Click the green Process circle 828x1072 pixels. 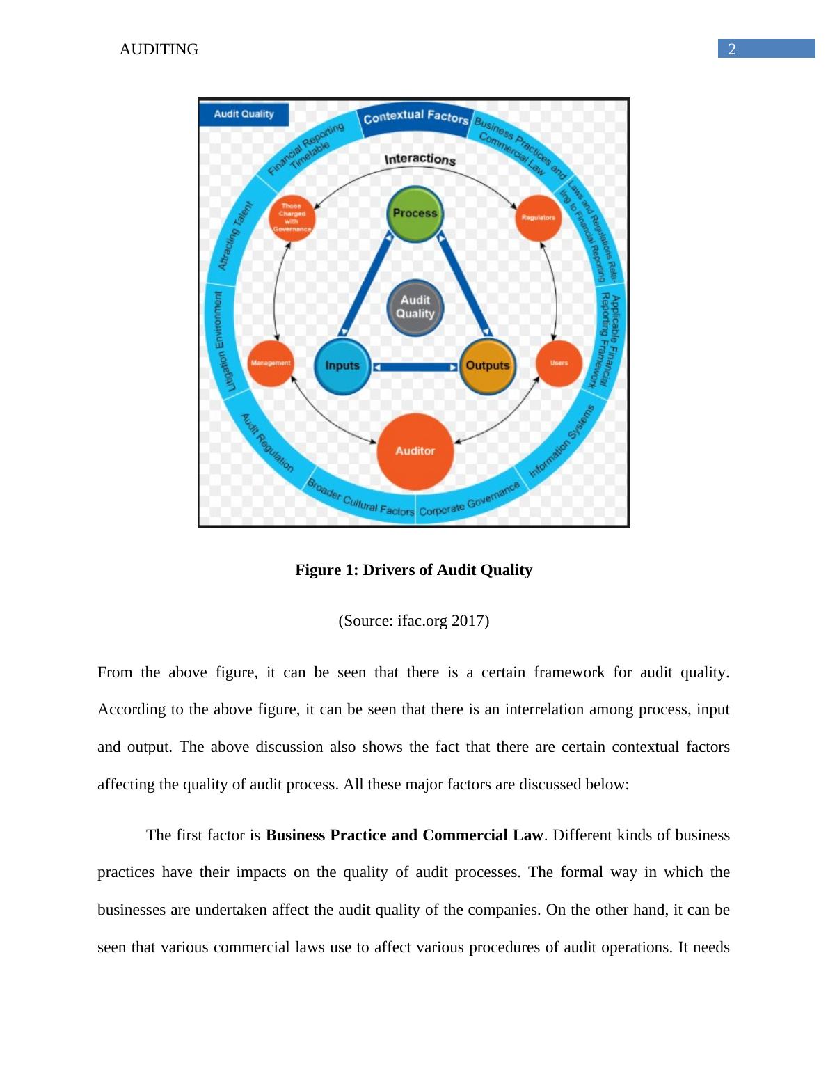click(x=415, y=214)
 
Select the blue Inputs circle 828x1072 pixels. click(x=342, y=366)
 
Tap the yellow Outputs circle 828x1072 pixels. click(x=488, y=366)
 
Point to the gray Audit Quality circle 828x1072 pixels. click(x=415, y=308)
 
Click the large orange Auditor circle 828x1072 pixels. click(x=415, y=451)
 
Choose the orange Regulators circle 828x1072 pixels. click(x=539, y=218)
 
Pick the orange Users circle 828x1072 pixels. click(x=559, y=363)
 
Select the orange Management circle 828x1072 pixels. click(x=270, y=363)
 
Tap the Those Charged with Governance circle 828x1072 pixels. click(x=292, y=218)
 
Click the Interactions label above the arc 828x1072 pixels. click(x=420, y=159)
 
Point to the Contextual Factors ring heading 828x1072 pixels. click(x=415, y=118)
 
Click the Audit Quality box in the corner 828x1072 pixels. click(x=244, y=114)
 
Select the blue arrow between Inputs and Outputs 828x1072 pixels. click(x=415, y=367)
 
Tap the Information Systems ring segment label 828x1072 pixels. click(x=562, y=441)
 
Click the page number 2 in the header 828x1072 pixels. click(x=732, y=49)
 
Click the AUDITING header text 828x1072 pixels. click(x=159, y=49)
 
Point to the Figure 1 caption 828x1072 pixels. click(x=414, y=570)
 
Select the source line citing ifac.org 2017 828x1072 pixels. click(x=414, y=621)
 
